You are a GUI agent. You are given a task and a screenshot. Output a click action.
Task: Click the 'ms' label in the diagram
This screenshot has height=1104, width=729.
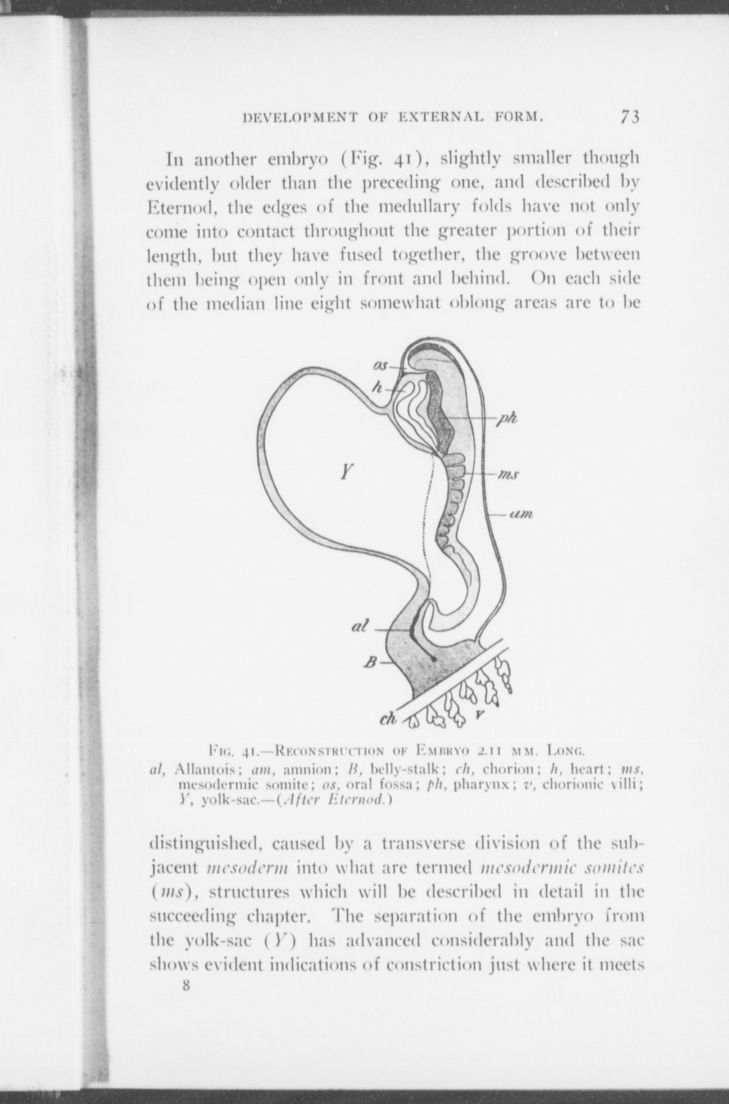pos(508,475)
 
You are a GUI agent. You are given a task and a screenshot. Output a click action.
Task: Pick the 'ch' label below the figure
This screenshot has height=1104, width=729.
pos(388,719)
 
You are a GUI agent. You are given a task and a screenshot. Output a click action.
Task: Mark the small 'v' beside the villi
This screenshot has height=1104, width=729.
pos(479,715)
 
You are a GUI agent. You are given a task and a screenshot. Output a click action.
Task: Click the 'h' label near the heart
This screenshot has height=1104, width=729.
pos(377,387)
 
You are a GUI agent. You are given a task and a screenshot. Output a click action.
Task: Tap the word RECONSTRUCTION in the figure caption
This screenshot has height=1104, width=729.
pos(329,752)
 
